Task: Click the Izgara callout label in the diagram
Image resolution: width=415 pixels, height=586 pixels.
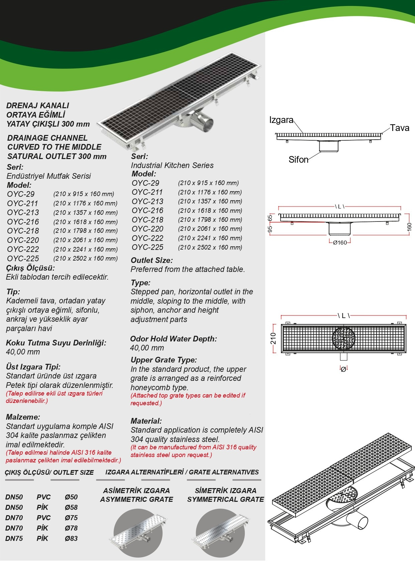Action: [281, 120]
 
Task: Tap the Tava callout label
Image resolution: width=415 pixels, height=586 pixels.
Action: [400, 128]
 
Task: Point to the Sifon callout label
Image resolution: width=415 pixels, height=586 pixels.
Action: [298, 160]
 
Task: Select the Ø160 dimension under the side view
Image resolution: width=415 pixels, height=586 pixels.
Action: [340, 243]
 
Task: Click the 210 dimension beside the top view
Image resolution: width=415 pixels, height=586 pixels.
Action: [274, 338]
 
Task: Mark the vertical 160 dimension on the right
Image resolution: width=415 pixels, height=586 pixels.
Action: [409, 227]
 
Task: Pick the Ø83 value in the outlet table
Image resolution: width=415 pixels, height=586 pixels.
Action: [71, 538]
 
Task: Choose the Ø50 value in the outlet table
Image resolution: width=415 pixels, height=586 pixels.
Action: [71, 497]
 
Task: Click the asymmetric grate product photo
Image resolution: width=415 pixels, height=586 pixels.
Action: [138, 533]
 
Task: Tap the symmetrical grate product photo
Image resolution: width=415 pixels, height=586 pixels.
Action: [220, 533]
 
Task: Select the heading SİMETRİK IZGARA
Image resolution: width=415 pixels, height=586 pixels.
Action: [225, 490]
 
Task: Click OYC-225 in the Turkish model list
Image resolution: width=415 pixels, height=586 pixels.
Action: [23, 259]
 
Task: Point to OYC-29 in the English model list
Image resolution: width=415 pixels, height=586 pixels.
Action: [145, 183]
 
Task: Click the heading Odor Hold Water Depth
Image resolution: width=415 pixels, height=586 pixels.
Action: [173, 339]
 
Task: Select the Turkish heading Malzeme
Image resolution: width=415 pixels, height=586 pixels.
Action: [23, 417]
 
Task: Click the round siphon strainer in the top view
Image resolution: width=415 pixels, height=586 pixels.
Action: [343, 338]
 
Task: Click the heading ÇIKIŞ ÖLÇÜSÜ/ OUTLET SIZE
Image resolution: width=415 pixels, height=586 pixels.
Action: [49, 472]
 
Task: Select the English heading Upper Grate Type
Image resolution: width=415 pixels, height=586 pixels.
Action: [164, 360]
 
